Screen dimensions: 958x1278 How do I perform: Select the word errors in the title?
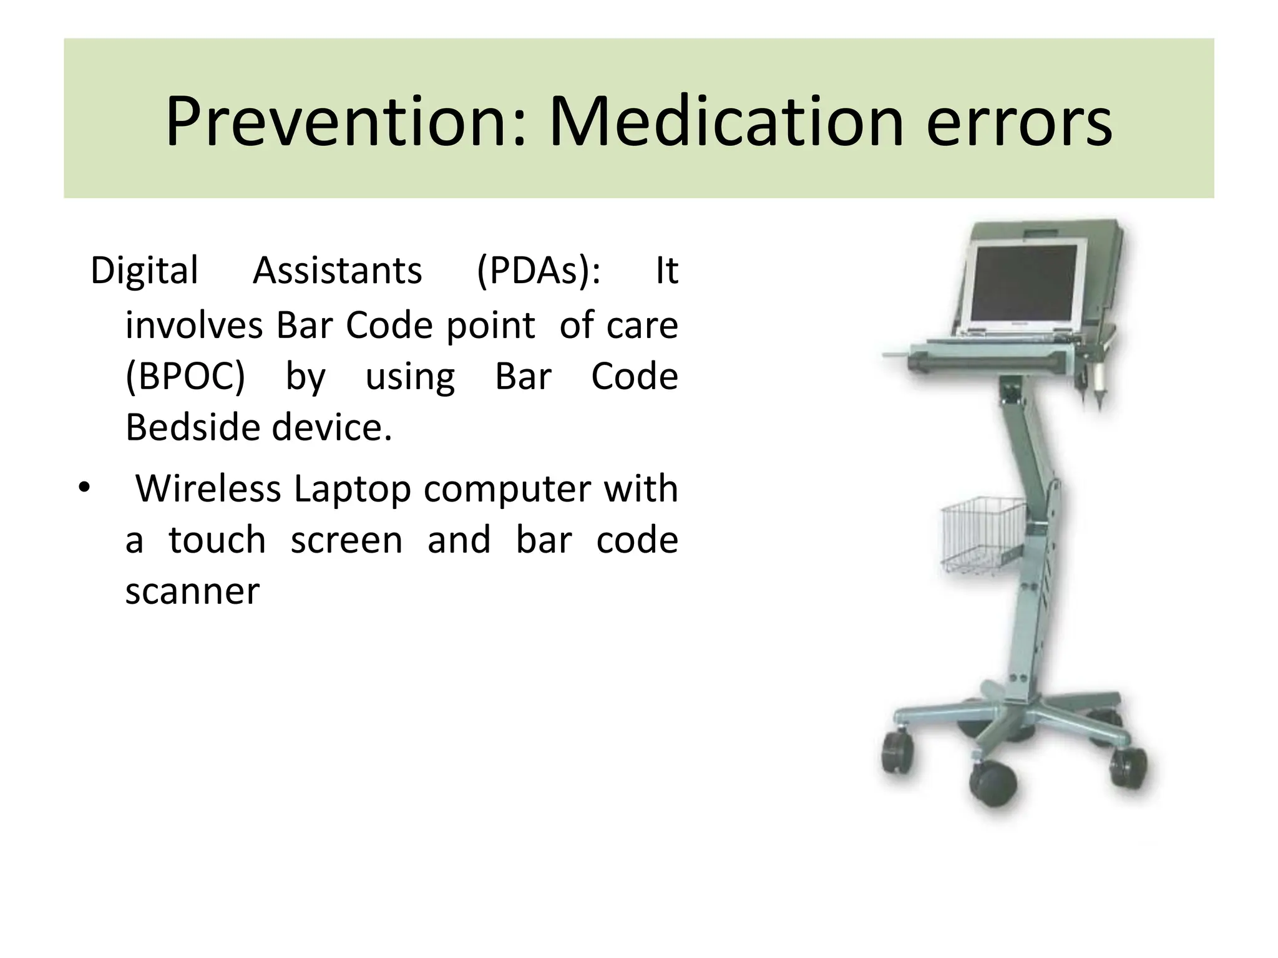click(x=1019, y=123)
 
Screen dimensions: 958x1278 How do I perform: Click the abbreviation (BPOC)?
click(x=185, y=377)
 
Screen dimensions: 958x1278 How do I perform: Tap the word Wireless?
click(x=208, y=488)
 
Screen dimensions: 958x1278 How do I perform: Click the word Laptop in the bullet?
click(x=352, y=490)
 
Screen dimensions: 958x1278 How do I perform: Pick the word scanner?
click(x=192, y=591)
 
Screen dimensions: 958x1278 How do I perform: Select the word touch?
click(x=217, y=540)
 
